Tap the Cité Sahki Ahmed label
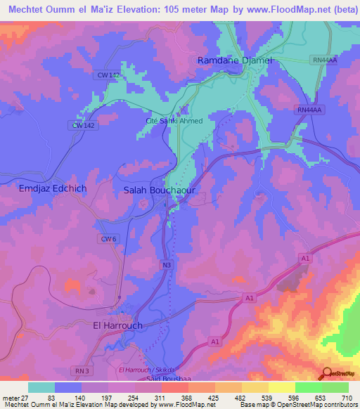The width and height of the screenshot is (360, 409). click(174, 121)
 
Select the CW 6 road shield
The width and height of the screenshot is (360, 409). click(108, 239)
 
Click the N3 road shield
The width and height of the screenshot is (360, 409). click(167, 265)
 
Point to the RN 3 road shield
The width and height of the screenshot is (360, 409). click(83, 370)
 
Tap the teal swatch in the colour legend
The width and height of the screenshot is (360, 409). click(41, 387)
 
